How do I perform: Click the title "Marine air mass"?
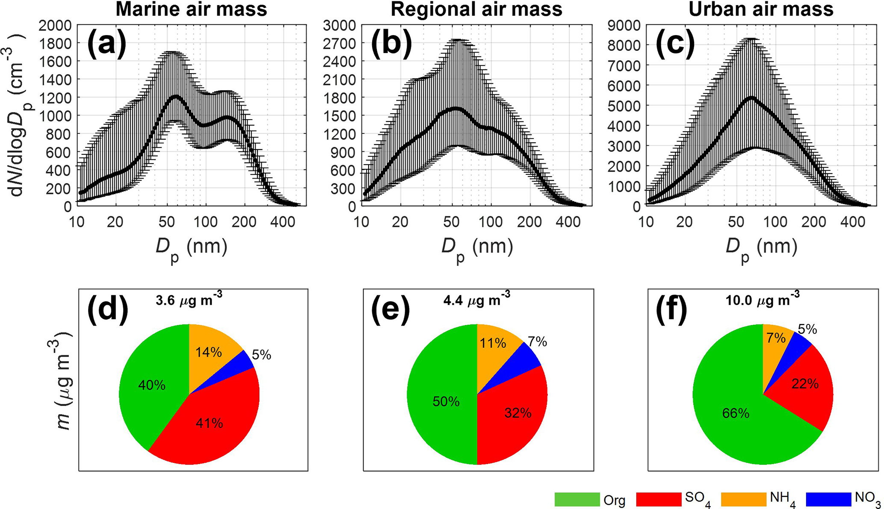[x=191, y=9]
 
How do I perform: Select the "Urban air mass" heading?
[x=761, y=9]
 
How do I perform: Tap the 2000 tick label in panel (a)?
[x=55, y=26]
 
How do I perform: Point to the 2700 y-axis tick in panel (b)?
[x=340, y=44]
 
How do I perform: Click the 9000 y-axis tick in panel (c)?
[x=624, y=26]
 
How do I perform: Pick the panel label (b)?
[x=391, y=44]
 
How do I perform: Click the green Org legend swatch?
[x=577, y=499]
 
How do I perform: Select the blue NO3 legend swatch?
[x=828, y=499]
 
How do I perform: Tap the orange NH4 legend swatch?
[x=744, y=499]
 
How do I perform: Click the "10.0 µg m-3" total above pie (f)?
[x=762, y=300]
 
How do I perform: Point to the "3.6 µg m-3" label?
[x=189, y=300]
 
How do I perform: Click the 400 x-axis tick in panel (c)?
[x=852, y=222]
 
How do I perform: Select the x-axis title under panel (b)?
[x=477, y=248]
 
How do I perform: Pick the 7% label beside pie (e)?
[x=537, y=342]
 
